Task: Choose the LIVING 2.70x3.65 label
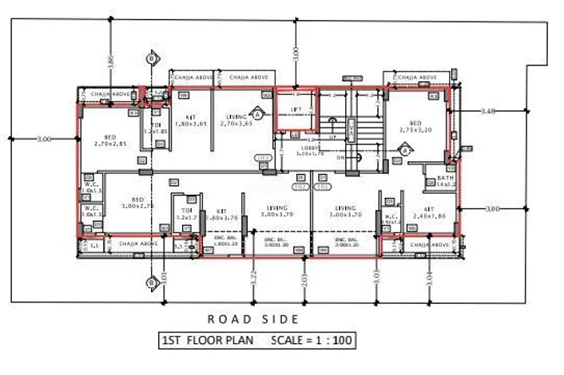236,120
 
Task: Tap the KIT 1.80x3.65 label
190,120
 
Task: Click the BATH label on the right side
445,180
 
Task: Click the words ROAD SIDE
253,319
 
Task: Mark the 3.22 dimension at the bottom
253,277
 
